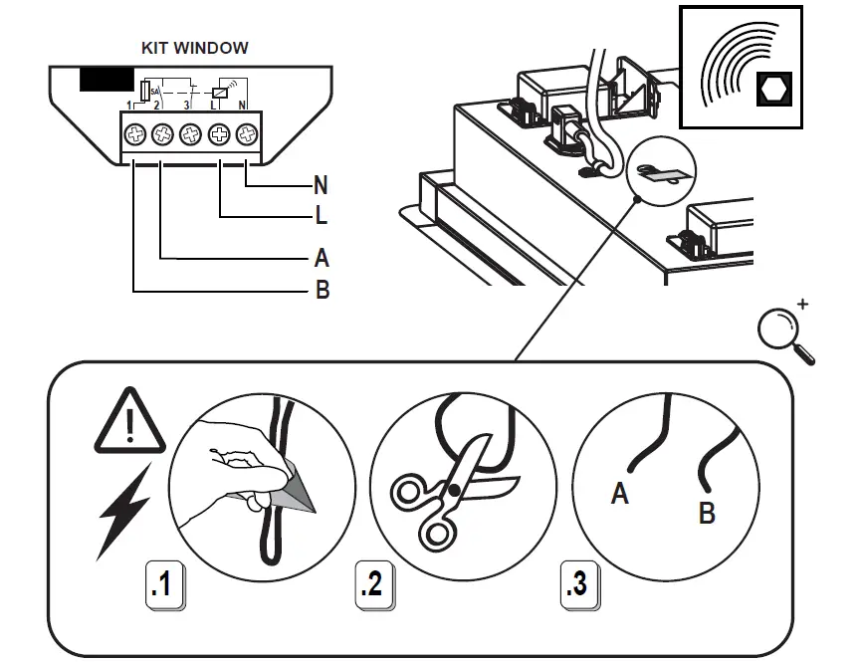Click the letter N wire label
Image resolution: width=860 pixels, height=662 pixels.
pyautogui.click(x=320, y=185)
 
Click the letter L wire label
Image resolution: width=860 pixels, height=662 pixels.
pyautogui.click(x=320, y=214)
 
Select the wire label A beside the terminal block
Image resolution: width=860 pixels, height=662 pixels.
pyautogui.click(x=321, y=259)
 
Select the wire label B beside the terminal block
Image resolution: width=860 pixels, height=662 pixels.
pyautogui.click(x=322, y=291)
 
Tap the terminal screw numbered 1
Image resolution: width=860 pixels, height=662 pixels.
pyautogui.click(x=135, y=132)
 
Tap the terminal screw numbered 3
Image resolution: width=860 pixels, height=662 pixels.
pyautogui.click(x=190, y=132)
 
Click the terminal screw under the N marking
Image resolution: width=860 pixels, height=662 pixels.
pyautogui.click(x=245, y=132)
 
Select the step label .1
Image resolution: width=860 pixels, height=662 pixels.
pyautogui.click(x=161, y=584)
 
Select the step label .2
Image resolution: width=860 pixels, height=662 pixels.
pyautogui.click(x=370, y=584)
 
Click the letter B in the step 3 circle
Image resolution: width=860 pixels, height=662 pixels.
pyautogui.click(x=707, y=514)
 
